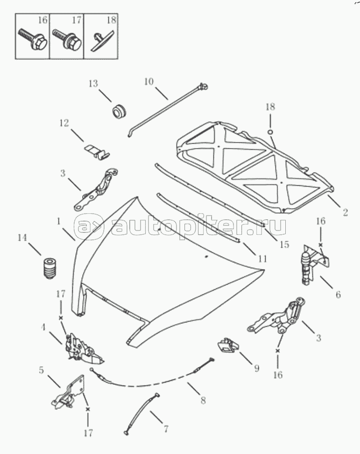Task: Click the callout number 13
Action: pyautogui.click(x=93, y=84)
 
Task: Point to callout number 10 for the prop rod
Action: pyautogui.click(x=148, y=82)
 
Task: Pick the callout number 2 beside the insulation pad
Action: pyautogui.click(x=345, y=213)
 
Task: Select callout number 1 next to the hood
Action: pyautogui.click(x=59, y=220)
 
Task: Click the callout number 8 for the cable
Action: pyautogui.click(x=203, y=400)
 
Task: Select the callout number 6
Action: pyautogui.click(x=338, y=294)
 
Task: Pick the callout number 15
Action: pyautogui.click(x=284, y=244)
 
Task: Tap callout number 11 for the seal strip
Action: pyautogui.click(x=262, y=258)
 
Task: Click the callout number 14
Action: pyautogui.click(x=22, y=237)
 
